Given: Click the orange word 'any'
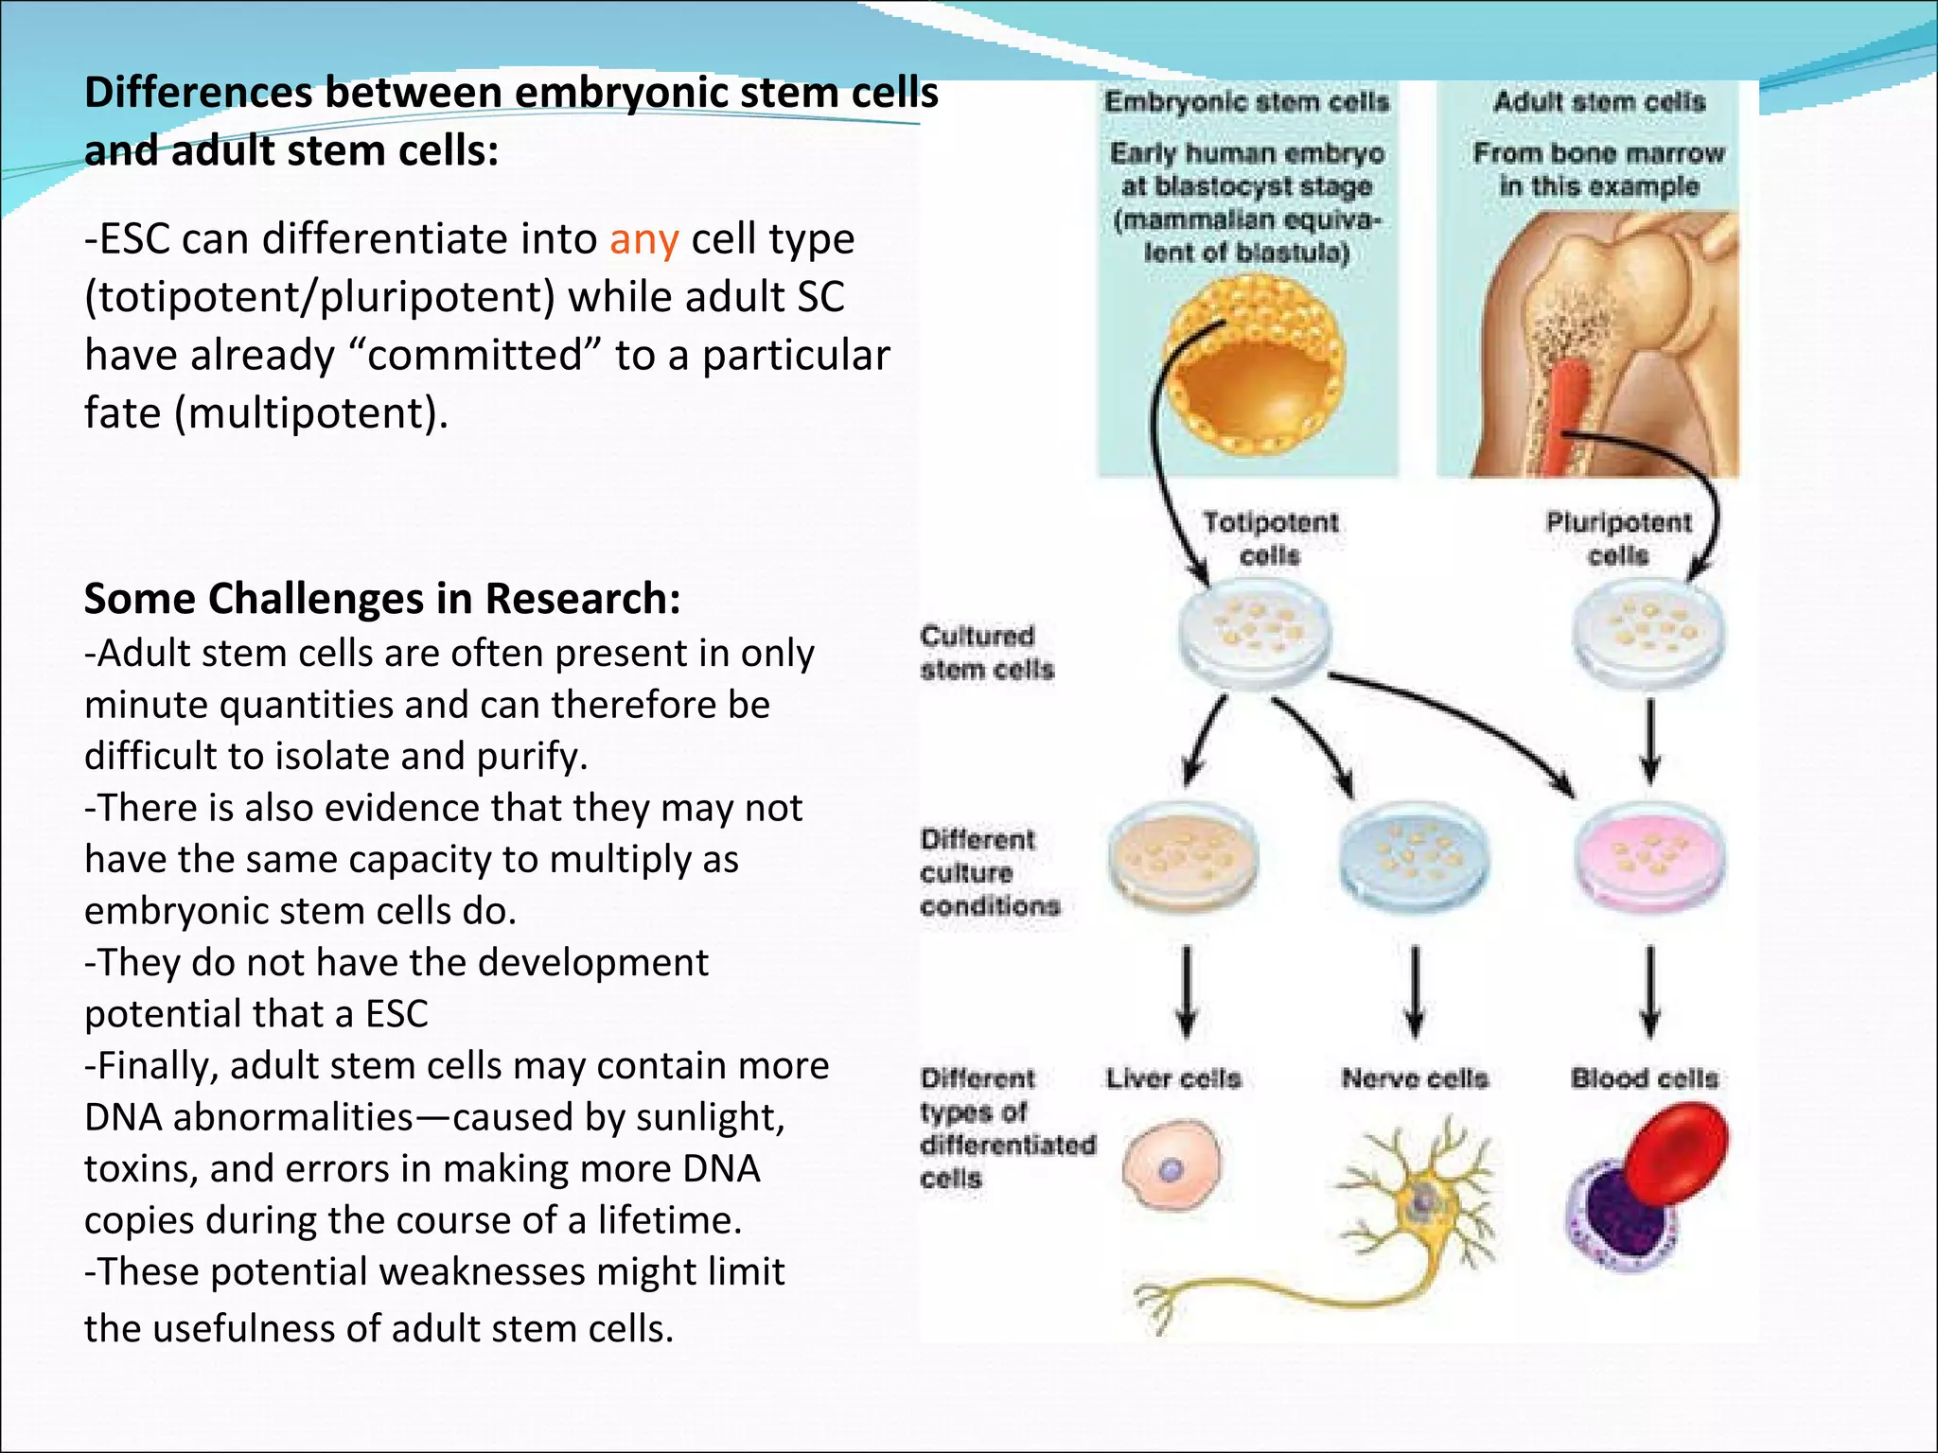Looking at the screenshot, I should pyautogui.click(x=643, y=239).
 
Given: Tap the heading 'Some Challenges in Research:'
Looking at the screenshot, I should pyautogui.click(x=382, y=599).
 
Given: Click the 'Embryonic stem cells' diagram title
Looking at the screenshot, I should pyautogui.click(x=1246, y=102).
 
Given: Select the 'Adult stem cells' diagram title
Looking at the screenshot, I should pyautogui.click(x=1599, y=102).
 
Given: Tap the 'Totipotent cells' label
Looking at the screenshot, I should pyautogui.click(x=1270, y=538).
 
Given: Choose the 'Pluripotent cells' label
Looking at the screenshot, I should pyautogui.click(x=1618, y=538).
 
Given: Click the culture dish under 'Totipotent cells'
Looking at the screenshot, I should pyautogui.click(x=1253, y=632).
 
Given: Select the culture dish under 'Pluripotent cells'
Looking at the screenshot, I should pyautogui.click(x=1647, y=632).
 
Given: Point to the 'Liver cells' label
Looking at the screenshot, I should pyautogui.click(x=1173, y=1078).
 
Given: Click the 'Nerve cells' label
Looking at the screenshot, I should pyautogui.click(x=1415, y=1078).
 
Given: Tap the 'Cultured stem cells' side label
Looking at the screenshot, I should pyautogui.click(x=986, y=653).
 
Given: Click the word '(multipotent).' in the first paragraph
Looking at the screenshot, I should pyautogui.click(x=311, y=413).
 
